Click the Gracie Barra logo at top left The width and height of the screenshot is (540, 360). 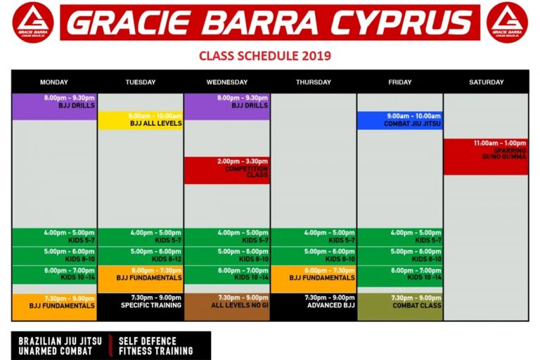point(33,22)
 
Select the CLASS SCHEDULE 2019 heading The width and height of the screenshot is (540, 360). point(265,56)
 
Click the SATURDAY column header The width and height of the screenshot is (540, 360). point(486,82)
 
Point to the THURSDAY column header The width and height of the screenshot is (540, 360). point(314,82)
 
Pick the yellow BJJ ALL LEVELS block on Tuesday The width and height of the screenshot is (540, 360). point(141,120)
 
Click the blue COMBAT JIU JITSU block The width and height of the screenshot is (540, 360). point(400,120)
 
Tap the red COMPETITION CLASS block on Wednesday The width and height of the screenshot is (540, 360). point(227,170)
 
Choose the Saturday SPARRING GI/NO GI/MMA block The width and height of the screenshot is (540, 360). point(486,156)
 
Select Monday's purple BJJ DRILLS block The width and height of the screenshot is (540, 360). point(54,106)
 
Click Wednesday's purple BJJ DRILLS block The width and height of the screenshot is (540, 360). point(227,106)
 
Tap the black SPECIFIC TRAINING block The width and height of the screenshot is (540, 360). point(141,307)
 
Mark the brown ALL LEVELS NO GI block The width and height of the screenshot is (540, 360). point(227,307)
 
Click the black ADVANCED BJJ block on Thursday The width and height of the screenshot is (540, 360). point(314,307)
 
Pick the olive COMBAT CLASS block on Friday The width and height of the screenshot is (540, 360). point(400,307)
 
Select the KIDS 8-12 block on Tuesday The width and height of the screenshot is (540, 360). point(141,255)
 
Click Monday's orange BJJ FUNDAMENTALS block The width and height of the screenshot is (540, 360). point(54,307)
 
